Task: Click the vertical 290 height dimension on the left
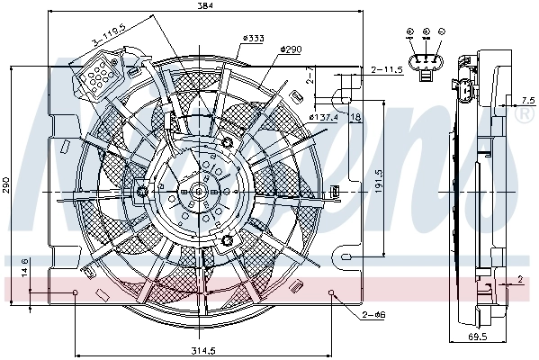tap(6, 185)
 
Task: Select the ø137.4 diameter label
tap(324, 117)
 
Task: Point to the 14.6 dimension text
tap(25, 268)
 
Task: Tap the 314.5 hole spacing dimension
tap(204, 351)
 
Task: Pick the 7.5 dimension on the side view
tap(526, 100)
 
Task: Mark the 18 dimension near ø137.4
tap(356, 117)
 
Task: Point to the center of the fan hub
tap(197, 191)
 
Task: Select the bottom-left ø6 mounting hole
tap(76, 293)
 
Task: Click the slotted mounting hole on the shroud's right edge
tap(346, 257)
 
